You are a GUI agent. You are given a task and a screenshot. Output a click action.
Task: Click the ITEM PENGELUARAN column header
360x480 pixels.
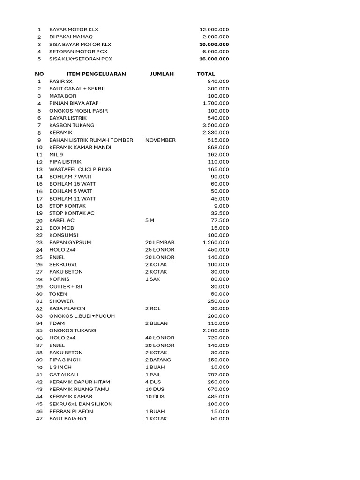96,74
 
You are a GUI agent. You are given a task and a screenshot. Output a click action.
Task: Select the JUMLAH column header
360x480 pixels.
162,74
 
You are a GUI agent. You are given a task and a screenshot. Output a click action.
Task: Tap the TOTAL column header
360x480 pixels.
206,74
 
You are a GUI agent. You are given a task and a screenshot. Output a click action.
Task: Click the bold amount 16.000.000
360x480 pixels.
214,59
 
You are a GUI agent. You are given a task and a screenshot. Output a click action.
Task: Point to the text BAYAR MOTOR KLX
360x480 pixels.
74,30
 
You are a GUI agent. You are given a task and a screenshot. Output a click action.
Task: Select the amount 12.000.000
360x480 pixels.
214,30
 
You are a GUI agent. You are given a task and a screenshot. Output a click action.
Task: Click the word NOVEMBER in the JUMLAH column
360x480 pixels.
160,140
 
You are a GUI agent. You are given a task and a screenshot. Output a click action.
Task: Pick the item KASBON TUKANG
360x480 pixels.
72,125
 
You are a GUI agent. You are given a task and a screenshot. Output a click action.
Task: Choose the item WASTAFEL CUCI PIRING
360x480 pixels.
80,169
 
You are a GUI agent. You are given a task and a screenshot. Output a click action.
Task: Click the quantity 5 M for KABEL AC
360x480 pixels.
150,220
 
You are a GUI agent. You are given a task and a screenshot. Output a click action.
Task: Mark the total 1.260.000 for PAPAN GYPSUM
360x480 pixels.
216,242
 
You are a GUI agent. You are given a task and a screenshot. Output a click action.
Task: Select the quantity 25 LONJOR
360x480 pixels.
160,250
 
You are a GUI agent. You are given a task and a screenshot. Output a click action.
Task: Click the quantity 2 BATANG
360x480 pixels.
158,360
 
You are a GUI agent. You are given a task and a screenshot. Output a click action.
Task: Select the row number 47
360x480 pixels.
39,419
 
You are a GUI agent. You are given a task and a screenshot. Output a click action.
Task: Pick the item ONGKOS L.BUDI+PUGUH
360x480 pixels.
82,316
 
